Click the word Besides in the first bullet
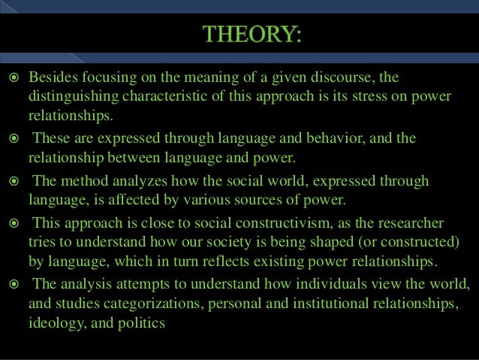tap(53, 78)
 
